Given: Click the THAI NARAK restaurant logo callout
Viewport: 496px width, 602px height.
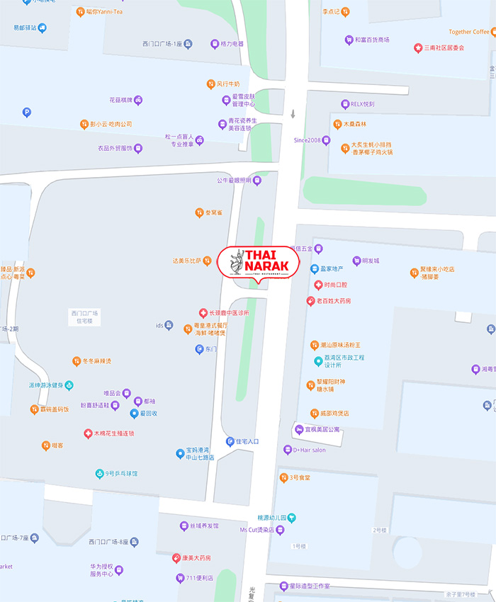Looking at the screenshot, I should coord(259,263).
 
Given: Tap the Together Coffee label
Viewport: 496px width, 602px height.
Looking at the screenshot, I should coord(469,32).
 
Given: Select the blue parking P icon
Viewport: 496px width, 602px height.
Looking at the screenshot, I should coord(27,112).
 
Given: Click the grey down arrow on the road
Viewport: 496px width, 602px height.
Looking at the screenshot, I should coord(293,113).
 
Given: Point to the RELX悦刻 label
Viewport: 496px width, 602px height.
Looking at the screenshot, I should coord(362,104).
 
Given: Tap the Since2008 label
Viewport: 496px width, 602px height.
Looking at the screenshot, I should coord(308,140).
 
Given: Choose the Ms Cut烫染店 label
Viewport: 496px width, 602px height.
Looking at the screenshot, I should coord(257,530).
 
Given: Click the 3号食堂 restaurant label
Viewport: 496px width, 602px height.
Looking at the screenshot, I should coord(299,478).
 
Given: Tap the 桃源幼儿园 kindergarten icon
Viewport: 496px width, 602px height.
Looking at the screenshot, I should coord(291,518).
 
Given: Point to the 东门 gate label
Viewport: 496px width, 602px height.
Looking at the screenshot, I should coord(211,349).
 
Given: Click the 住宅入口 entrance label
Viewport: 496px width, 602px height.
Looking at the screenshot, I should coord(247,441).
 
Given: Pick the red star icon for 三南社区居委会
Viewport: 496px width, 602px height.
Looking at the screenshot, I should coord(418,47).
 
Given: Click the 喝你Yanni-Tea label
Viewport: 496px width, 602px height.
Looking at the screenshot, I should coord(104,12).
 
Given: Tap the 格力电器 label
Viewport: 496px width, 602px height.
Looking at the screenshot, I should coord(232,44).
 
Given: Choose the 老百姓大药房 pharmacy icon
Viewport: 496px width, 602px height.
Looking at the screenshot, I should coord(310,301).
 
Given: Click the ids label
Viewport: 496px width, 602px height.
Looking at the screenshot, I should coord(159,326).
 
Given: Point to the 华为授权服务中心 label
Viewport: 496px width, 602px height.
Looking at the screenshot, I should coord(101,571).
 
